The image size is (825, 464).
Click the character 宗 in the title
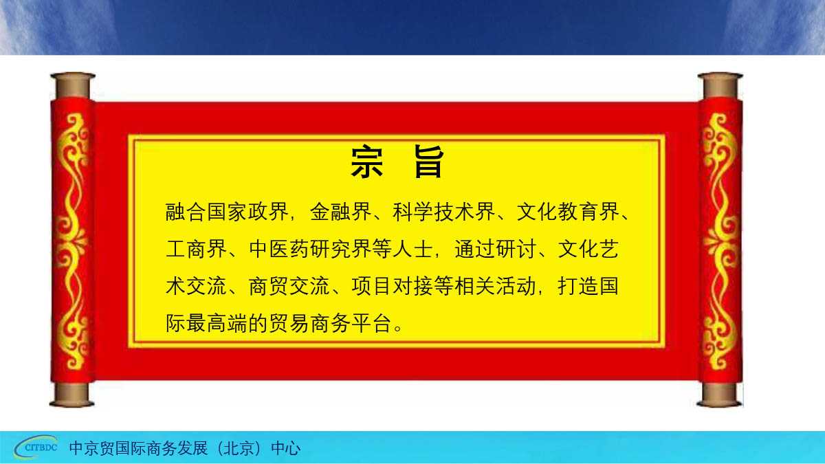pyautogui.click(x=367, y=163)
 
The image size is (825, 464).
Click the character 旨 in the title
pyautogui.click(x=429, y=163)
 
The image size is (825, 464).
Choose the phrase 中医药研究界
pyautogui.click(x=309, y=249)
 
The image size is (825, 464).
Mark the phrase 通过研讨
pyautogui.click(x=495, y=249)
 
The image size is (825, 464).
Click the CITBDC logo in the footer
pyautogui.click(x=36, y=448)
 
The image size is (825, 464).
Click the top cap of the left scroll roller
pyautogui.click(x=72, y=86)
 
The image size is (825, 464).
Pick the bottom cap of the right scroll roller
pyautogui.click(x=720, y=395)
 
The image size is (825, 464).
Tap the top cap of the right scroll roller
pyautogui.click(x=720, y=86)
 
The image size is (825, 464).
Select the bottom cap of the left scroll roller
pyautogui.click(x=72, y=395)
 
